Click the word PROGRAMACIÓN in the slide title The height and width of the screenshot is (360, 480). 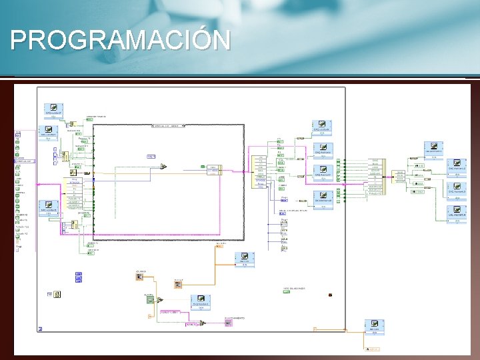[120, 40]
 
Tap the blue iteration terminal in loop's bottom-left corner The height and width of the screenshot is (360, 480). [41, 328]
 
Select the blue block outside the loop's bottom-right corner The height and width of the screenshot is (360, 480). [374, 327]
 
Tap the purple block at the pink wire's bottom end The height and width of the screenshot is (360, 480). [228, 323]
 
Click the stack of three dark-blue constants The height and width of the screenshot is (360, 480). [79, 277]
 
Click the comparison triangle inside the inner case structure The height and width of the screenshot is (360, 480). [163, 167]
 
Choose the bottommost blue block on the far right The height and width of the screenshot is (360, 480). [457, 213]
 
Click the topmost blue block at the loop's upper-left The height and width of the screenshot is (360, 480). [53, 110]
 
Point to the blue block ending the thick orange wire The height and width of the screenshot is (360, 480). [244, 259]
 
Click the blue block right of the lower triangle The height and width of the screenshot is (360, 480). [201, 302]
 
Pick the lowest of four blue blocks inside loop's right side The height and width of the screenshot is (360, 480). [323, 199]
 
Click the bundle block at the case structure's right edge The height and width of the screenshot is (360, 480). [213, 169]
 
